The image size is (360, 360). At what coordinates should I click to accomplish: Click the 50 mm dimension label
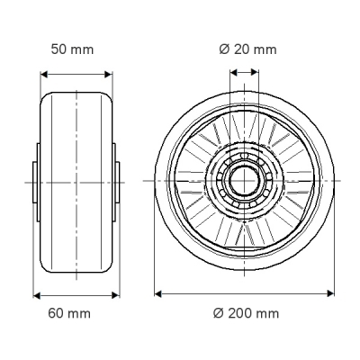(72, 49)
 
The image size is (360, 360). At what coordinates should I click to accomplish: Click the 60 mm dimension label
(69, 313)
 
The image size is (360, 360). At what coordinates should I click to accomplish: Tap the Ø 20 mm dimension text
(247, 49)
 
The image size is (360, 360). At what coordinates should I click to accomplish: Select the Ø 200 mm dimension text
(246, 313)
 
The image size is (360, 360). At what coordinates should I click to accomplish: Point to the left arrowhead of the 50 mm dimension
(44, 75)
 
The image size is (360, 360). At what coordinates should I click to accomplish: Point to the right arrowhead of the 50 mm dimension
(108, 75)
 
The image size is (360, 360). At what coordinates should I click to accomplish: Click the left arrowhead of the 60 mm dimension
(37, 295)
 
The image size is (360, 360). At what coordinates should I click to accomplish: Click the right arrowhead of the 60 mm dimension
(115, 295)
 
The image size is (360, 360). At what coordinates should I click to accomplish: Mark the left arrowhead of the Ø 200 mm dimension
(158, 293)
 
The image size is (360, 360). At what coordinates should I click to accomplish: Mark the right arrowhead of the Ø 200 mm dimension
(330, 293)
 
